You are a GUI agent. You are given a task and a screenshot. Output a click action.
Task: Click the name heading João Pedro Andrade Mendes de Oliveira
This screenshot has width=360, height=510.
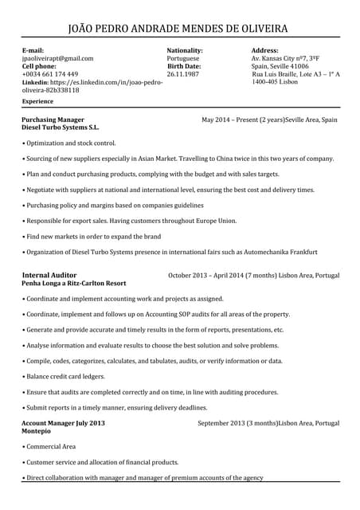tap(179, 29)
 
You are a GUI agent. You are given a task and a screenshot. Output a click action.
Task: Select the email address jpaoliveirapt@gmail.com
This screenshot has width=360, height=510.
tap(57, 58)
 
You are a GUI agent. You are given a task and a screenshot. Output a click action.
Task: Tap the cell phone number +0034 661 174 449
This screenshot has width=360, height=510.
tap(50, 74)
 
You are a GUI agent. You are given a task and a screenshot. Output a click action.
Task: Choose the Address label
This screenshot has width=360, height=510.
tap(264, 50)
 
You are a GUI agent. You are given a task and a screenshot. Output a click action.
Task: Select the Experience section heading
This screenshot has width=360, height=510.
tap(38, 102)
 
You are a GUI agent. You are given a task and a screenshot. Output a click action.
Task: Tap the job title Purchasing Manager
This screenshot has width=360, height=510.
tap(53, 120)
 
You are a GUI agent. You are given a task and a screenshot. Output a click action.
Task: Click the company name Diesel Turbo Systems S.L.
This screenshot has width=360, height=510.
tap(61, 127)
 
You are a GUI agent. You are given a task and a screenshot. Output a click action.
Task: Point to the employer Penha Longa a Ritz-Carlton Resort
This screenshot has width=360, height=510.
tap(74, 283)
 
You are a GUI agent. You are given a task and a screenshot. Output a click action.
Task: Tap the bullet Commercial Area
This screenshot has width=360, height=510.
tap(50, 446)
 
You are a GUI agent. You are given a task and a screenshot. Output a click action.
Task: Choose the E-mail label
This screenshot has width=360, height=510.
tap(33, 50)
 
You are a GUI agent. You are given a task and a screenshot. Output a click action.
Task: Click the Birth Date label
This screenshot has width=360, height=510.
tap(184, 66)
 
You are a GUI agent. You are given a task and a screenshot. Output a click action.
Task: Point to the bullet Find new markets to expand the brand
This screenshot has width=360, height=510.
tap(93, 237)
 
